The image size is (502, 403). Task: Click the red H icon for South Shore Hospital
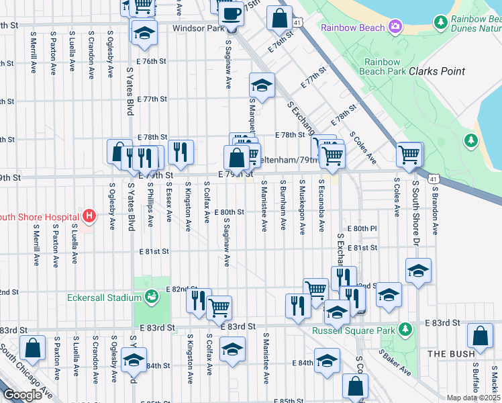coord(89,216)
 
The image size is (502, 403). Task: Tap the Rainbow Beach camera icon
coord(395,27)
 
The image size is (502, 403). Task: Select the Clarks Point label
coord(437,71)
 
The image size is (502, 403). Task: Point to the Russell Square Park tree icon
coord(405,330)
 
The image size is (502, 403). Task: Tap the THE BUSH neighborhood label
coord(450,353)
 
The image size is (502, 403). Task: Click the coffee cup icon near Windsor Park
coord(232,13)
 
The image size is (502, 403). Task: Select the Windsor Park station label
coord(197,29)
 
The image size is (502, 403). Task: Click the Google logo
coord(23,395)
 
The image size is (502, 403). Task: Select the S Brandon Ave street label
coord(435,210)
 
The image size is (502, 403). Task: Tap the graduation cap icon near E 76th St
coord(144,33)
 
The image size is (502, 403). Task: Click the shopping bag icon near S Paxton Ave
coord(32,349)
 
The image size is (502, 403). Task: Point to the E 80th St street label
coord(230,212)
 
